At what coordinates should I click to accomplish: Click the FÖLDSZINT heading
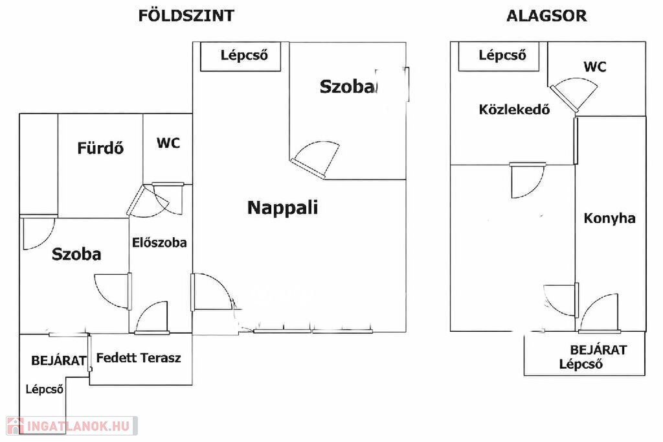coord(186,16)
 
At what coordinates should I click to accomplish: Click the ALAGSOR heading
coord(546,16)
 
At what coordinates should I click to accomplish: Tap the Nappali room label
coord(282,208)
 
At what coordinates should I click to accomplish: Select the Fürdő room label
coord(100,148)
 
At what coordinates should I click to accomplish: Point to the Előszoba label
coord(159,242)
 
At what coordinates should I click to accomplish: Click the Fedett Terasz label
coord(139,358)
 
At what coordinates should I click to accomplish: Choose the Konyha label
coord(609,218)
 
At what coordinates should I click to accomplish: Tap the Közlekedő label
coord(514,110)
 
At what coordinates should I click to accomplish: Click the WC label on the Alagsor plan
coord(595,67)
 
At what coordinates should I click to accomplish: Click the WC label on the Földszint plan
coord(168,143)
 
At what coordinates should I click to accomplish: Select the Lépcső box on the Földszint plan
coord(241,56)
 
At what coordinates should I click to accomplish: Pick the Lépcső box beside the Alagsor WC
coord(499,56)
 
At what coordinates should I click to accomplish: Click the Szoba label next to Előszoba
coord(76,254)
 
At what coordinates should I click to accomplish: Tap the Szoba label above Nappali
coord(348,86)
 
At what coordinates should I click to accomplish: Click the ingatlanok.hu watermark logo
coord(72,426)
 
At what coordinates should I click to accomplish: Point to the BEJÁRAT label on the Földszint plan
coord(59,361)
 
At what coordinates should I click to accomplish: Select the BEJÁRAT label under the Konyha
coord(598,350)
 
